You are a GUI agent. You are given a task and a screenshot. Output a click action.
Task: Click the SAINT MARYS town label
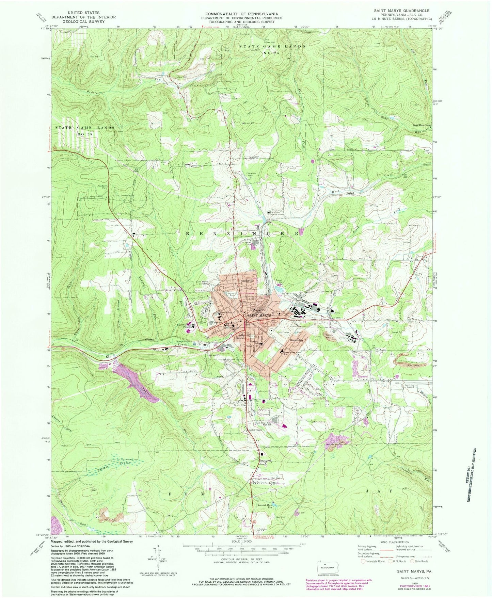coord(261,316)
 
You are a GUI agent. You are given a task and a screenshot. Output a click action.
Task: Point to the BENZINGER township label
coord(243,234)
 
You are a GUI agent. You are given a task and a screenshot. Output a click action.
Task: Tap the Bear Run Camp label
coord(422,125)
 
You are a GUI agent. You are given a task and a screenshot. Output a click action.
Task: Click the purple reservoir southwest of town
coord(136,382)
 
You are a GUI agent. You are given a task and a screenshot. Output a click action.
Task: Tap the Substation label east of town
coord(362,377)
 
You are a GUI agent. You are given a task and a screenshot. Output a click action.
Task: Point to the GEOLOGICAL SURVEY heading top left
coord(83,21)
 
